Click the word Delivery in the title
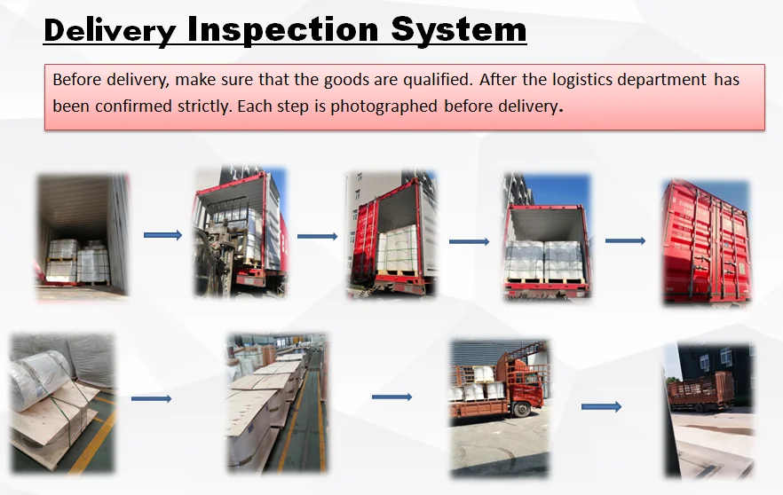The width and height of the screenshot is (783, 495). coord(110,30)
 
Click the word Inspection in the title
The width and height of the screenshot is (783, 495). coord(282,30)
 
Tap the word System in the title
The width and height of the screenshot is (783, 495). coord(459,30)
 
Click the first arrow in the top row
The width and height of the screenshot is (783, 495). coord(162,235)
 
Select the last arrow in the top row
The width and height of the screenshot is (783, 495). coord(625,240)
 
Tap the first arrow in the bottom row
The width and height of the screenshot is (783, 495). coord(151,398)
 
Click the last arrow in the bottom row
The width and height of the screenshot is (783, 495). coord(601,406)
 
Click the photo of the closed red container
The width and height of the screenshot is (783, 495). coord(706,242)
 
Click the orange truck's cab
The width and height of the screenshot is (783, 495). coord(526,384)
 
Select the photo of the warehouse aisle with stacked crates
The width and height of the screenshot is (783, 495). coord(278,403)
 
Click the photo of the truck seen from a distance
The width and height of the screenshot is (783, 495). coord(709,410)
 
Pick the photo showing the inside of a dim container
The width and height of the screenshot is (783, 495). coord(83,237)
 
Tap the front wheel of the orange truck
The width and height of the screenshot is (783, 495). coord(521,410)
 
